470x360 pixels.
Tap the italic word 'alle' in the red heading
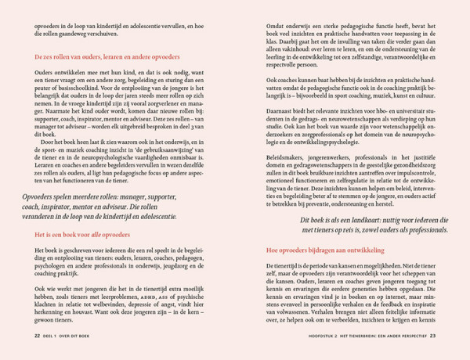pyautogui.click(x=108, y=234)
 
